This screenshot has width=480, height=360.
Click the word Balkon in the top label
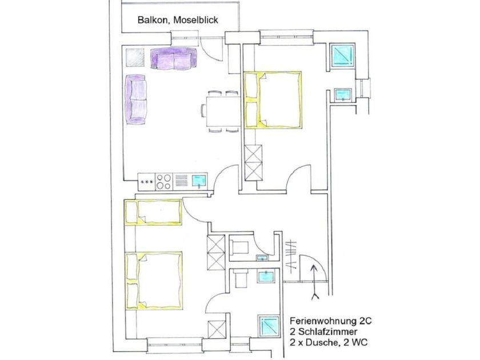tap(151, 20)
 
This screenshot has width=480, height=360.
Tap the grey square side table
tap(135, 57)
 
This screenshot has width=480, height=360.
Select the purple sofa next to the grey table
tap(174, 59)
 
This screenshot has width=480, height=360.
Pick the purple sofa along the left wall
tap(137, 99)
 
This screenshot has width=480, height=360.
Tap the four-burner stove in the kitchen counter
tap(163, 181)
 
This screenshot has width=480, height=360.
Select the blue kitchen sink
tap(199, 181)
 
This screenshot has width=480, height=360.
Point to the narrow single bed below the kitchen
tap(153, 212)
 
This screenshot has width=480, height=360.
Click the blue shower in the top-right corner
tap(343, 55)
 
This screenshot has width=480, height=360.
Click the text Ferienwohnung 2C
tap(330, 321)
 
